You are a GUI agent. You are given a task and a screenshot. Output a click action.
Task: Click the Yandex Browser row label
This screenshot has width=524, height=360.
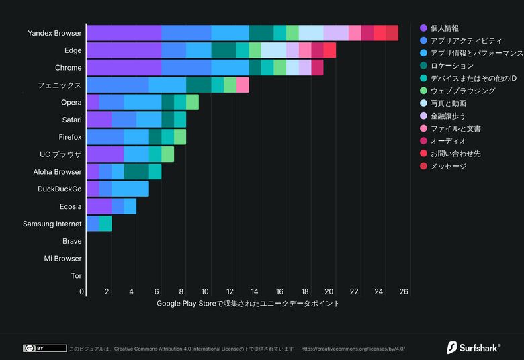[x=55, y=33]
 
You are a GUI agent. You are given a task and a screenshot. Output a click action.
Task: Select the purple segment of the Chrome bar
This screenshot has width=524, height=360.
[x=124, y=68]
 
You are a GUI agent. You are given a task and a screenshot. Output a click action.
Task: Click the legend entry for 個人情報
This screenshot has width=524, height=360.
[x=444, y=28]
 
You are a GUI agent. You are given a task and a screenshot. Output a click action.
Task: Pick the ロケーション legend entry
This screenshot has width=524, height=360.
[x=451, y=66]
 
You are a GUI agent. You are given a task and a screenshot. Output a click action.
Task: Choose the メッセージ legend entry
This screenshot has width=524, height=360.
[x=447, y=166]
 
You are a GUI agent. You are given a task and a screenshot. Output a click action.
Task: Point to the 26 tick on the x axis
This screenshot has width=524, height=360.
[x=404, y=291]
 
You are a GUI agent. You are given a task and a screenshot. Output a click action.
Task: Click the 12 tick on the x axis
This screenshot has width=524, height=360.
[x=230, y=291]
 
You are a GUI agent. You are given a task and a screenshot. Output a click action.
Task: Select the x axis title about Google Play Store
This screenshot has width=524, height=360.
[x=248, y=304]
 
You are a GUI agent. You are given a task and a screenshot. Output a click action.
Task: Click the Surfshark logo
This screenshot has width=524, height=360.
[x=474, y=347]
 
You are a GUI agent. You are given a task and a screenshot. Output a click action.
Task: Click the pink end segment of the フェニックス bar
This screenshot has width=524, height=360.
[x=243, y=85]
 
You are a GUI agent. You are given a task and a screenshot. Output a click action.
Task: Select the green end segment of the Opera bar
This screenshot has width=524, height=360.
[x=192, y=102]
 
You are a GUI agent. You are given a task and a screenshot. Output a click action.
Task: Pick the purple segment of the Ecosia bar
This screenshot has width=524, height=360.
[x=99, y=206]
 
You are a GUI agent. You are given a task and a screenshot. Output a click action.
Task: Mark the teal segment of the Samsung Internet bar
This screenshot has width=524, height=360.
[x=105, y=224]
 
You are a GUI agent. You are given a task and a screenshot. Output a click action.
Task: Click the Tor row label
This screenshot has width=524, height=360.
[x=76, y=276]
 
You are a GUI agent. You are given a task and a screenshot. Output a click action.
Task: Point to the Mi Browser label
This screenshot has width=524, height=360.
[x=62, y=259]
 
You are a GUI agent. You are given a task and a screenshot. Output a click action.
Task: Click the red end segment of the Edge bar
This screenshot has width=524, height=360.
[x=330, y=50]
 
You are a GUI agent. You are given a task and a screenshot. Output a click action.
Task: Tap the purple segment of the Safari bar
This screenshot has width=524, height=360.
[x=99, y=120]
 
